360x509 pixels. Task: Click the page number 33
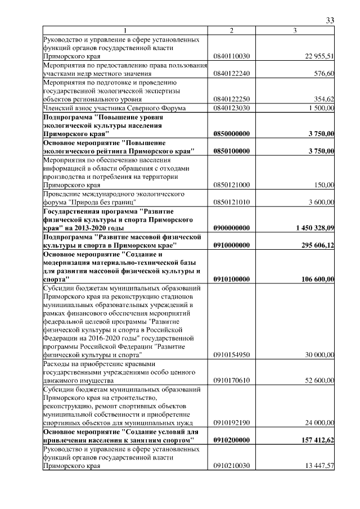pyautogui.click(x=330, y=21)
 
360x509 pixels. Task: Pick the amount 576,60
pyautogui.click(x=324, y=74)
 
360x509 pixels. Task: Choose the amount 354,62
pyautogui.click(x=324, y=100)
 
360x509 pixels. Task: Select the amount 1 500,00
pyautogui.click(x=321, y=108)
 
